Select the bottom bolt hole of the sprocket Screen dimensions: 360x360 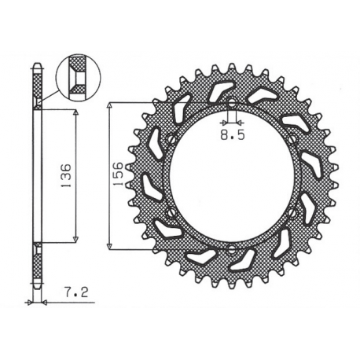click(x=233, y=250)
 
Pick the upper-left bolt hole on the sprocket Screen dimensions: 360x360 click(x=171, y=141)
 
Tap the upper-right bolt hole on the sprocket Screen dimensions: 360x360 click(x=294, y=141)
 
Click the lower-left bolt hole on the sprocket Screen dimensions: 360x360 click(x=171, y=214)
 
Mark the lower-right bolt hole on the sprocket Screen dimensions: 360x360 click(x=294, y=214)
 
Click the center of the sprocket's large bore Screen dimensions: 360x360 click(x=233, y=178)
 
